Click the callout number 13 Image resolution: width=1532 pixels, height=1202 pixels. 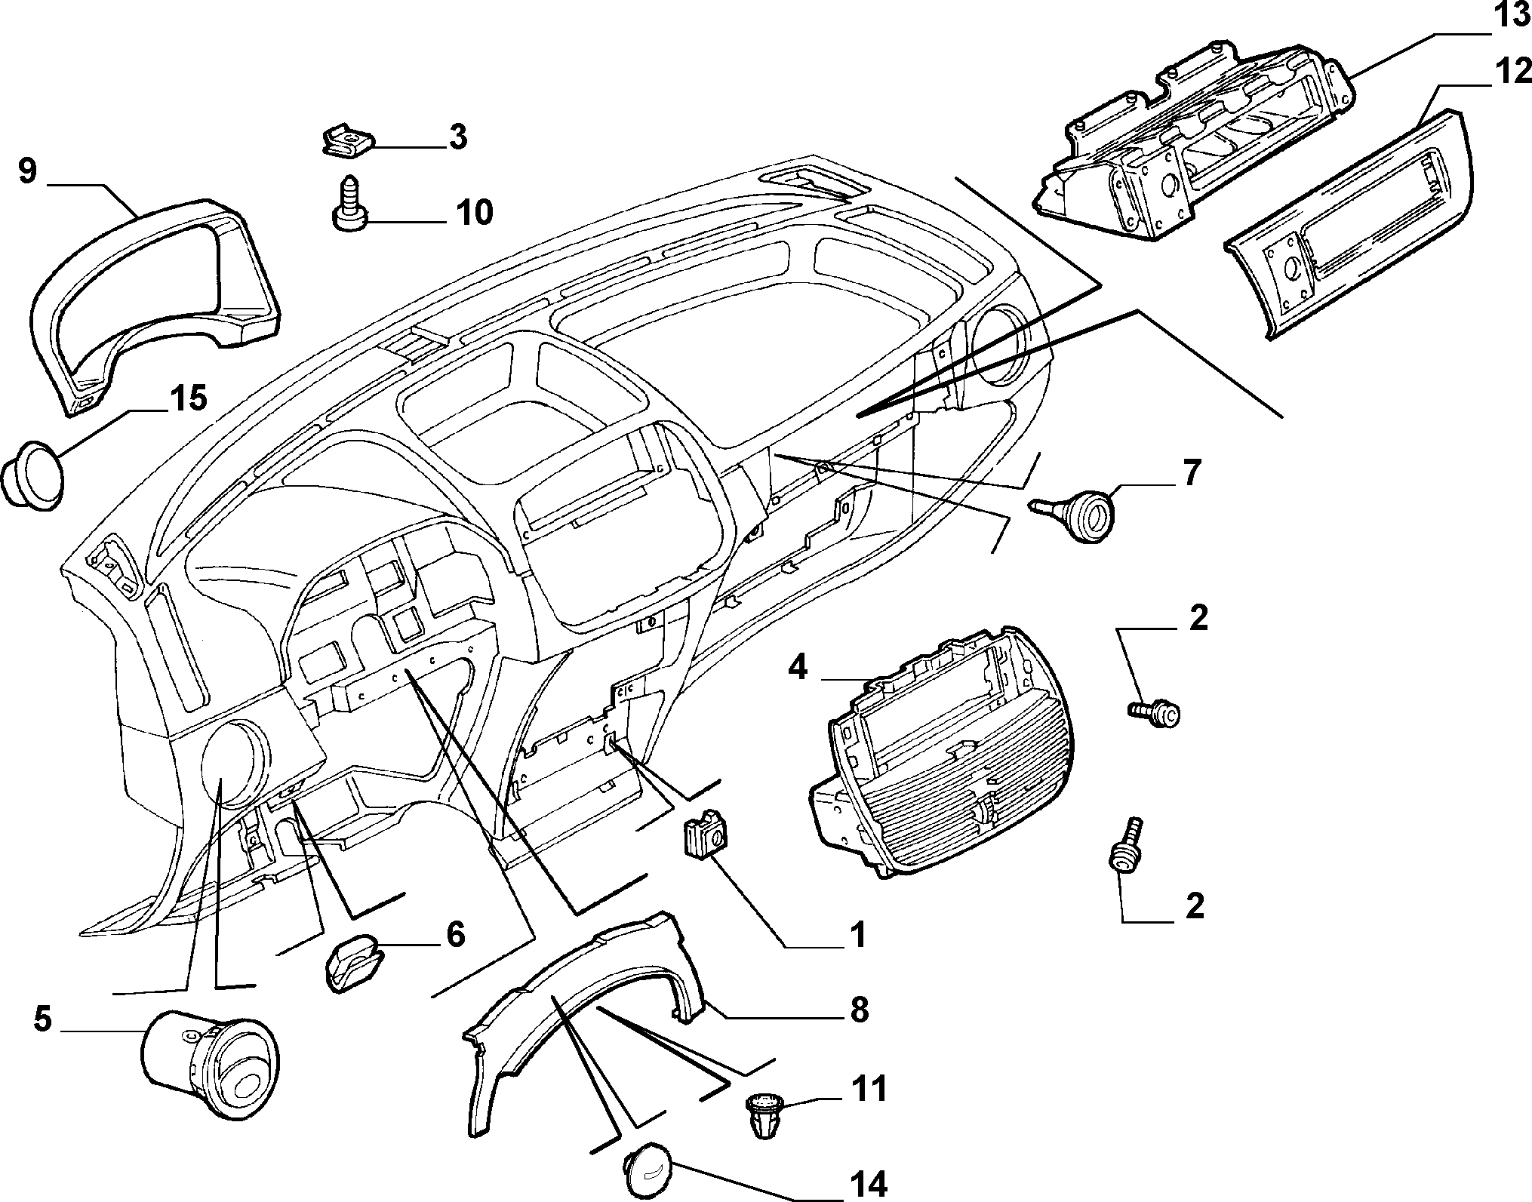(x=1506, y=16)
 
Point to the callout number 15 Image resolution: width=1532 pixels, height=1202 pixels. (x=187, y=398)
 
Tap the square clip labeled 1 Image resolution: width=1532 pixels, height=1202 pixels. (x=705, y=832)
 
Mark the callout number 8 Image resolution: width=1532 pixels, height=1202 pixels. (x=859, y=1010)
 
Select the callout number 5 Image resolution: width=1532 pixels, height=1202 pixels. (x=43, y=1020)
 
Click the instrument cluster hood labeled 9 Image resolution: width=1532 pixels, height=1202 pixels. (x=151, y=295)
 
